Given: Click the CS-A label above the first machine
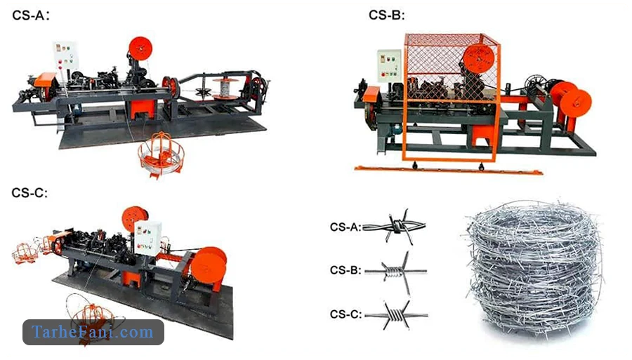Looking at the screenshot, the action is (31, 15).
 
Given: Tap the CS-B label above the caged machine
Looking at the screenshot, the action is (386, 15).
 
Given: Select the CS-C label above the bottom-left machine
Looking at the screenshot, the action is (29, 193).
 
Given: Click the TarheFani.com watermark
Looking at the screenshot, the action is (93, 332).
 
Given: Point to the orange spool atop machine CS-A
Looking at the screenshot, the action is (140, 48).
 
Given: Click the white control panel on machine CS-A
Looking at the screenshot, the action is (66, 55).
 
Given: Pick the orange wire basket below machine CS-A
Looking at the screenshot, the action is (161, 155).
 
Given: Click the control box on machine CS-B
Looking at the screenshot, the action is (389, 65).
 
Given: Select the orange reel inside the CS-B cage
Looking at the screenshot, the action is (478, 58).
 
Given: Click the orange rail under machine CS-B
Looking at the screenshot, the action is (449, 170).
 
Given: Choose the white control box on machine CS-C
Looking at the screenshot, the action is (148, 238).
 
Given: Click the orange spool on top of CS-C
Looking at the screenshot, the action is (135, 219).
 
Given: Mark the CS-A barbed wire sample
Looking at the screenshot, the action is (394, 227).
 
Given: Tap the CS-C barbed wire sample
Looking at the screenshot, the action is (396, 314).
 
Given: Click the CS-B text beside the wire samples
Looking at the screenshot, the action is (345, 269).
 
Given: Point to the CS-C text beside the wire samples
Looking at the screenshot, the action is (345, 314).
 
